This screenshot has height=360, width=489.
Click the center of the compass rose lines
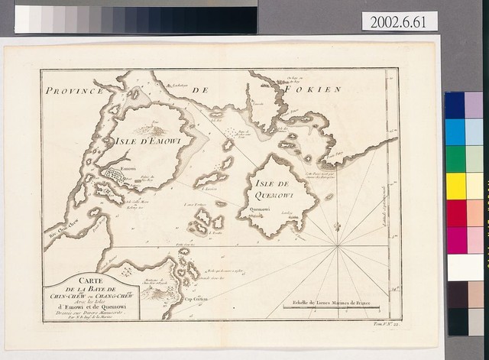(x=337, y=246)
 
